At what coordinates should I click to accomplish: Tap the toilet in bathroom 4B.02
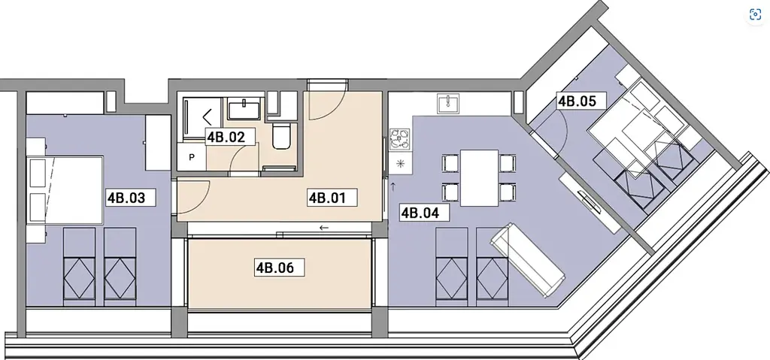click(x=283, y=135)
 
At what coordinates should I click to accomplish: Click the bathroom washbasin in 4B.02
click(x=245, y=108)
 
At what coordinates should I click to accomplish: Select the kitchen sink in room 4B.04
click(x=449, y=103)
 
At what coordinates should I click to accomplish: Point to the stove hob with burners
click(x=400, y=139)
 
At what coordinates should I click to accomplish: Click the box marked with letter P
click(x=192, y=157)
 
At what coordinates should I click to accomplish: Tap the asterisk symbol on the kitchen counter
click(x=400, y=165)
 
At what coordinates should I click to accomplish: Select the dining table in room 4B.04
click(x=479, y=178)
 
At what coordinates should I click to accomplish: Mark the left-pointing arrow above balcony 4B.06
click(x=323, y=228)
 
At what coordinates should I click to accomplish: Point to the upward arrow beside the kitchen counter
click(x=393, y=186)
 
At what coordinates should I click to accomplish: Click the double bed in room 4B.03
click(x=66, y=191)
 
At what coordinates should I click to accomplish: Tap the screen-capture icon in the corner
click(x=755, y=15)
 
